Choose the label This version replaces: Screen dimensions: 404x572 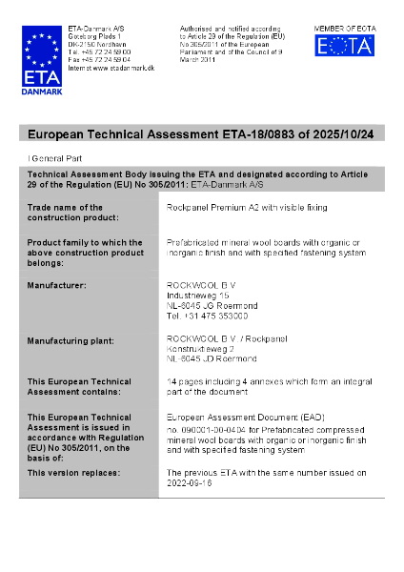coord(73,472)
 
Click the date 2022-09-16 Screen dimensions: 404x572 coord(189,482)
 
